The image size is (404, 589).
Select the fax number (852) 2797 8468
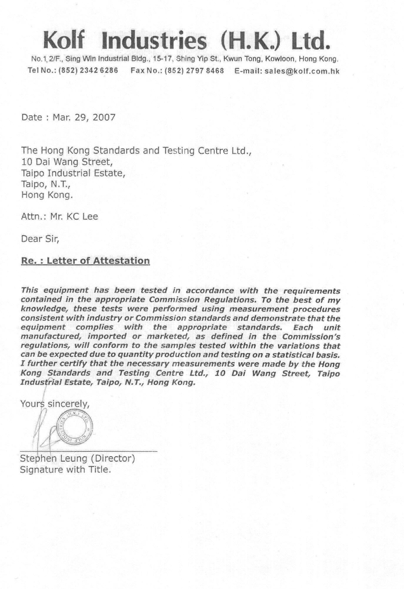point(194,71)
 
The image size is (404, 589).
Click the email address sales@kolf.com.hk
point(302,71)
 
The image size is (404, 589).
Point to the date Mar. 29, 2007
point(84,118)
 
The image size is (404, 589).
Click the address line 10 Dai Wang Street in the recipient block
point(66,162)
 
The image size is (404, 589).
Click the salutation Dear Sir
point(40,239)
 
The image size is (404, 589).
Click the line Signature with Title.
point(65,469)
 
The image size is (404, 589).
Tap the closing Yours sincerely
point(55,404)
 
